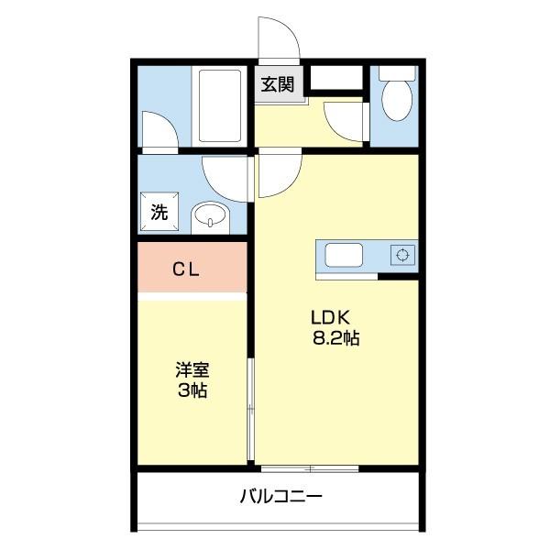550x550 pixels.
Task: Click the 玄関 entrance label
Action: pos(277,85)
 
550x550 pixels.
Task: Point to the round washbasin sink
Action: pos(210,218)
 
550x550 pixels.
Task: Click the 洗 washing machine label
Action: pos(159,214)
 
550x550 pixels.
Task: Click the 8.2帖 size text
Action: pos(335,338)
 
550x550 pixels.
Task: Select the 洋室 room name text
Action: pos(192,371)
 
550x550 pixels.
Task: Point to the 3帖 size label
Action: pos(192,391)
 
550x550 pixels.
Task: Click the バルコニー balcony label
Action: pos(280,497)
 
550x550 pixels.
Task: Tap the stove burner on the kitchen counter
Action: pos(401,255)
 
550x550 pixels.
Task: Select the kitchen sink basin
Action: pos(345,255)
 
